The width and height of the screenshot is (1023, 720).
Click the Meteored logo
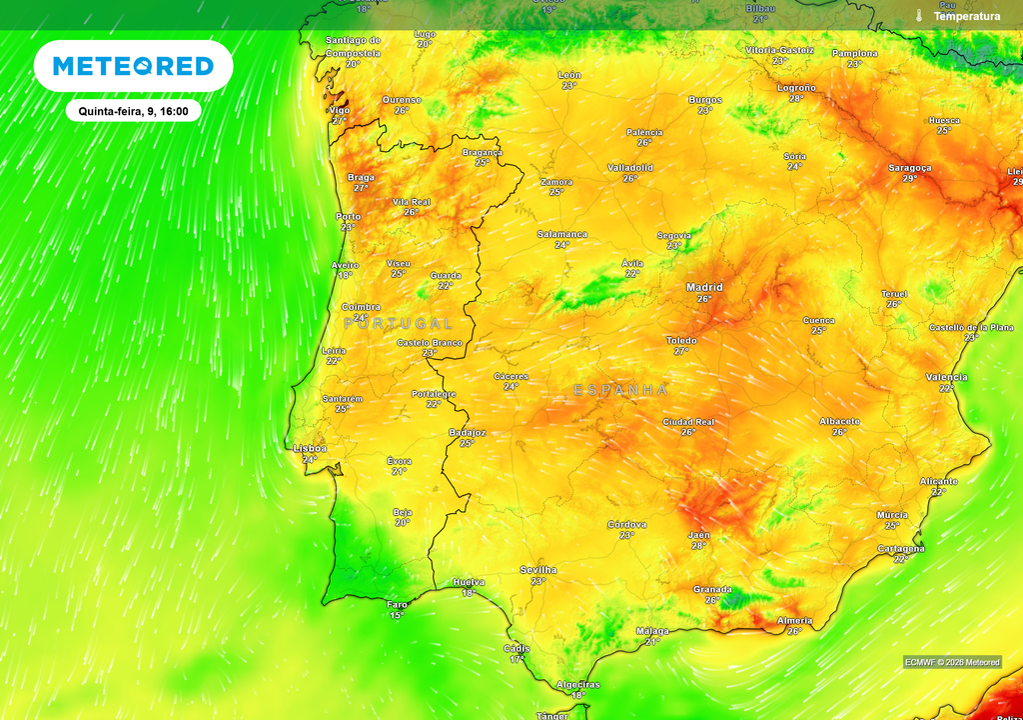pyautogui.click(x=133, y=66)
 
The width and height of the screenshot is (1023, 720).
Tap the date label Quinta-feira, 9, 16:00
pyautogui.click(x=133, y=111)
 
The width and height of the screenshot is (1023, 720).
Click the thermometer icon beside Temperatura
pyautogui.click(x=918, y=16)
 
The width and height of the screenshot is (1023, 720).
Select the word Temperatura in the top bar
pyautogui.click(x=966, y=16)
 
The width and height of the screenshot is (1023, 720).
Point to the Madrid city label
pyautogui.click(x=704, y=287)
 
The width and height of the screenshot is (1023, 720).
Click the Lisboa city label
pyautogui.click(x=310, y=448)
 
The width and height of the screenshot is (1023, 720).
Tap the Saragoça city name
pyautogui.click(x=909, y=168)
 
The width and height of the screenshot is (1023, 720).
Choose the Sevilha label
pyautogui.click(x=538, y=570)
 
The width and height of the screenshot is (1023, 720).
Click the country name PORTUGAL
pyautogui.click(x=399, y=324)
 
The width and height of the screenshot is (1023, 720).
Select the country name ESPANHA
pyautogui.click(x=620, y=390)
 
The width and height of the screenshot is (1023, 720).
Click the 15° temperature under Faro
pyautogui.click(x=397, y=615)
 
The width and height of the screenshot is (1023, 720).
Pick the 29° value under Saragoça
pyautogui.click(x=909, y=179)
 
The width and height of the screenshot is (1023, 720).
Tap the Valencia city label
pyautogui.click(x=946, y=377)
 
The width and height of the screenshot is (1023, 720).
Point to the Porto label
pyautogui.click(x=349, y=216)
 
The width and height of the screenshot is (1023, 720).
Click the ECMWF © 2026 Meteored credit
pyautogui.click(x=952, y=662)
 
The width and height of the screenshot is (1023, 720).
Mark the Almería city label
pyautogui.click(x=794, y=621)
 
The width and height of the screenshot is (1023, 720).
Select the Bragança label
pyautogui.click(x=483, y=152)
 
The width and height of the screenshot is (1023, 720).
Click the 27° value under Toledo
pyautogui.click(x=681, y=351)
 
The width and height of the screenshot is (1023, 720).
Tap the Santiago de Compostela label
pyautogui.click(x=353, y=46)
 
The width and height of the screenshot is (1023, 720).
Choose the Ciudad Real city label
pyautogui.click(x=689, y=422)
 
